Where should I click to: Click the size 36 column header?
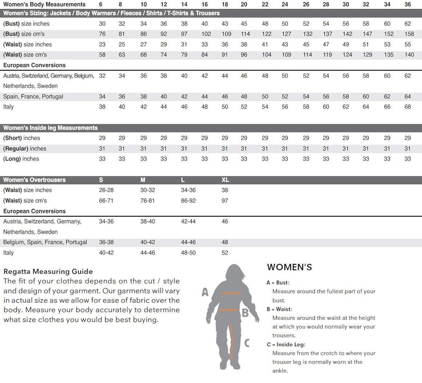[407, 4]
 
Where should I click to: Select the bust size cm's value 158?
[409, 34]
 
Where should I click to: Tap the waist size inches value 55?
[407, 44]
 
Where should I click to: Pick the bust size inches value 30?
[102, 24]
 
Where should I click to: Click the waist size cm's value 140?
[409, 55]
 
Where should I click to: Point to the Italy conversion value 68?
[407, 107]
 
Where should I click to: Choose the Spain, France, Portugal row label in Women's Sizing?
[33, 96]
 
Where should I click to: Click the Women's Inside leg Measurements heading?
[50, 128]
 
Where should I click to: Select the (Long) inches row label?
[21, 159]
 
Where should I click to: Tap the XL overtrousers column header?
[225, 180]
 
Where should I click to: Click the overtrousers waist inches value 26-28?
[106, 190]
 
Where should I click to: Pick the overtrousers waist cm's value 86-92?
[188, 201]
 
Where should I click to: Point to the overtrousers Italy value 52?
[225, 253]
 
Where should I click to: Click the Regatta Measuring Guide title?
[48, 271]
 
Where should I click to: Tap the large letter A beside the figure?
[205, 292]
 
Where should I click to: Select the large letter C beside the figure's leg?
[247, 343]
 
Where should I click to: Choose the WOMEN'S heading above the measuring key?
[289, 267]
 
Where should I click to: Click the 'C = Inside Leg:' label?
[286, 344]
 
